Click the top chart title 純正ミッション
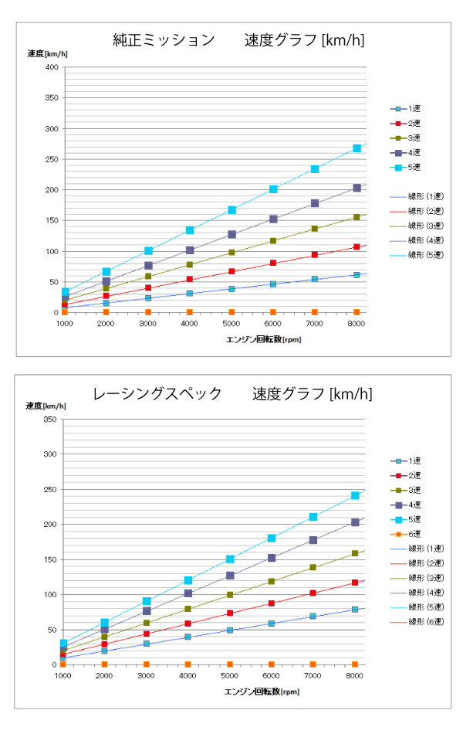(164, 40)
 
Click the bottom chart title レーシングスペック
(157, 393)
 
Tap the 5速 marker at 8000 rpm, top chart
(357, 148)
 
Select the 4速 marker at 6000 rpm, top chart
(273, 219)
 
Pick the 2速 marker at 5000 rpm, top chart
(231, 271)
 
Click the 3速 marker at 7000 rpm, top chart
(315, 229)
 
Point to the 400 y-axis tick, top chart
(51, 67)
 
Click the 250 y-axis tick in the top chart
(51, 159)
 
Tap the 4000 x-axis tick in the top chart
(189, 325)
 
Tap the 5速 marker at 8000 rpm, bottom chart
(355, 495)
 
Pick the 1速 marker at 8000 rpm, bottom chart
(355, 610)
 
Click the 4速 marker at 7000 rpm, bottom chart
(313, 540)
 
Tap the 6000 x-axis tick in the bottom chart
(272, 676)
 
